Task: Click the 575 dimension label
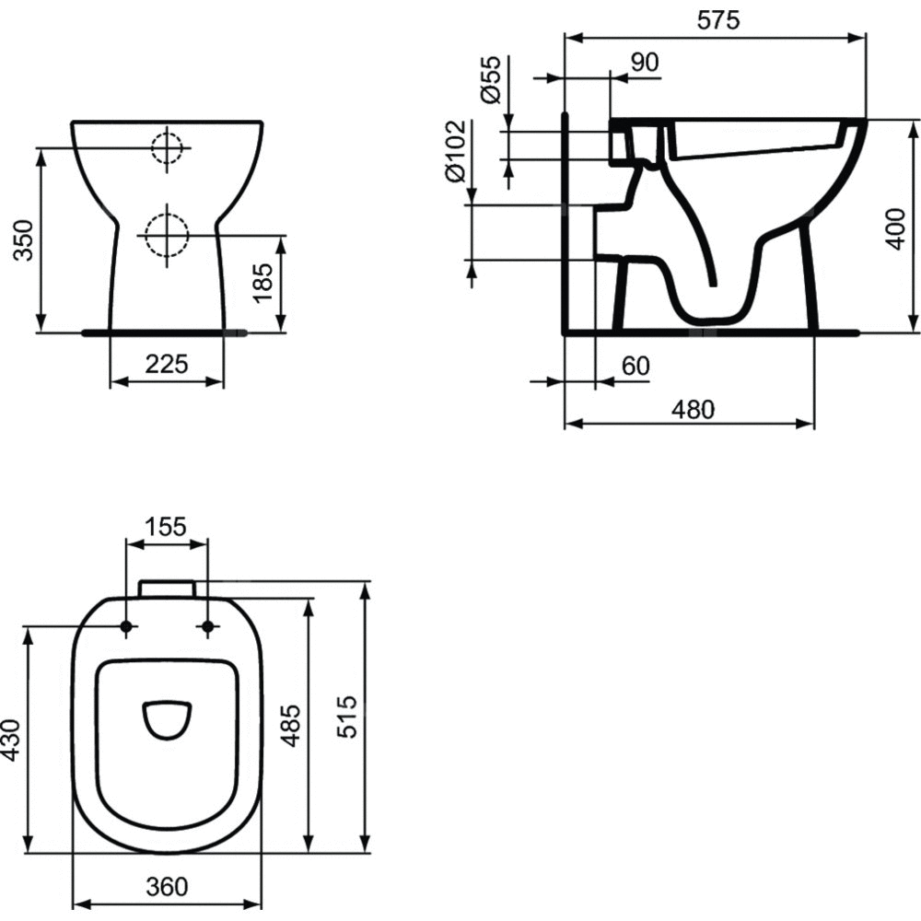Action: (x=718, y=20)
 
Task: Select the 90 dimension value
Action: (x=645, y=63)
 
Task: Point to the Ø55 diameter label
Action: (x=491, y=79)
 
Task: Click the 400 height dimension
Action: (x=896, y=228)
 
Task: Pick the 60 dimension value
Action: (x=635, y=366)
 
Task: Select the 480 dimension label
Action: (x=694, y=410)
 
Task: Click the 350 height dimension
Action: (x=24, y=240)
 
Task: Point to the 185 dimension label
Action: (x=262, y=283)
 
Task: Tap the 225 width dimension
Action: (x=167, y=364)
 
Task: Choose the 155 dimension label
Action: (x=166, y=526)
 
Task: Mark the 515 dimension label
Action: (x=347, y=716)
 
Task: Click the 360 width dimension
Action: (x=167, y=886)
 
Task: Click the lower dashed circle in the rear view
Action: (x=167, y=236)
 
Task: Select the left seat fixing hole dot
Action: (x=125, y=627)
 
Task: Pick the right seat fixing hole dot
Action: (x=207, y=627)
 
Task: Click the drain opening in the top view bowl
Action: (x=167, y=721)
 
